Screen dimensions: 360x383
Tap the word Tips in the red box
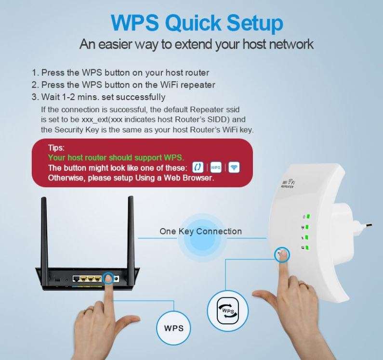tap(56, 148)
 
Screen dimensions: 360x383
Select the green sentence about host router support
tap(116, 157)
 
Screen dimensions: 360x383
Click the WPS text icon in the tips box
tap(216, 167)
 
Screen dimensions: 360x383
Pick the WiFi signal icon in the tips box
tap(234, 167)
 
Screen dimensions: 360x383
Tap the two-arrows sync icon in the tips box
tap(198, 167)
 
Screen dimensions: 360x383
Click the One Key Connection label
tap(200, 231)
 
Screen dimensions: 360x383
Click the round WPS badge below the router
tap(174, 328)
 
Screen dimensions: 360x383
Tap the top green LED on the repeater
tap(306, 216)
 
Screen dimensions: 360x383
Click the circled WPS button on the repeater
tap(282, 254)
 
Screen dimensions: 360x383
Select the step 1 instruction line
tap(120, 73)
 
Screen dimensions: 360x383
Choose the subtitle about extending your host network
tap(197, 45)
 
